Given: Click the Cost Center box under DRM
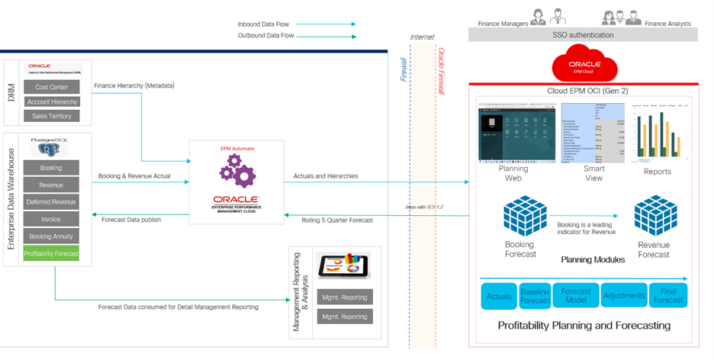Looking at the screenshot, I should click(x=51, y=87).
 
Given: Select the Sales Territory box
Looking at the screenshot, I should click(x=51, y=116).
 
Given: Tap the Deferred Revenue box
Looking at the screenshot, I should click(x=51, y=202).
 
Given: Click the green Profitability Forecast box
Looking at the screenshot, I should click(x=51, y=253).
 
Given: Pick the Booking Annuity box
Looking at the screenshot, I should click(x=51, y=236).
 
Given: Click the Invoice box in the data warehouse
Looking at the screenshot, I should click(x=51, y=220).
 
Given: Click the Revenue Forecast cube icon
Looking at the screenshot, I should click(x=653, y=214).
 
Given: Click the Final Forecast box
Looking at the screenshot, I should click(x=669, y=295).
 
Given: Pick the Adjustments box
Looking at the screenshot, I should click(x=623, y=295).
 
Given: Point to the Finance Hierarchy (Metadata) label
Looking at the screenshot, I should click(x=133, y=85).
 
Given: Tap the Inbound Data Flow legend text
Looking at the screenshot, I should click(x=264, y=24).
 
